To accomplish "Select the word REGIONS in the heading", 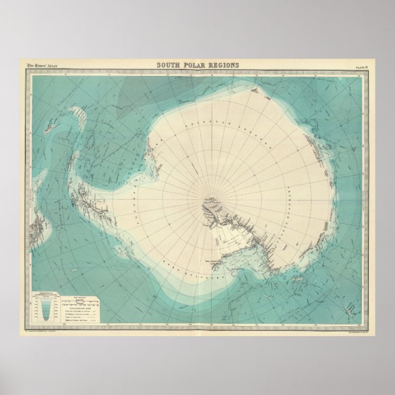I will (223, 66).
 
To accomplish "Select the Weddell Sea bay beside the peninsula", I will (153, 163).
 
